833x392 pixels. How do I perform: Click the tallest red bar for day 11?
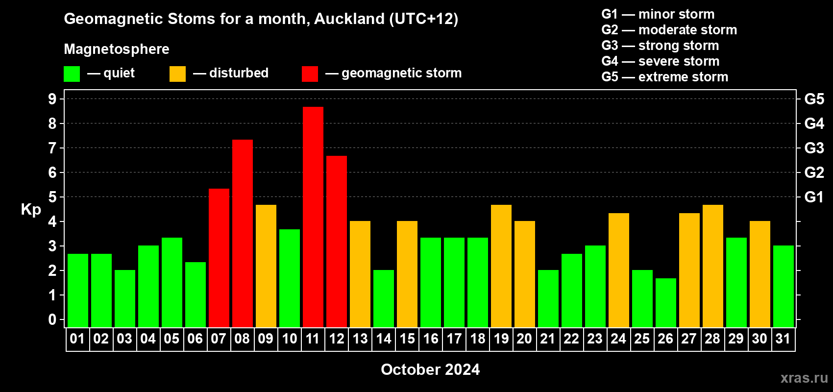click(x=313, y=217)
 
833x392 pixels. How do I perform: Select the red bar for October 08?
click(x=243, y=233)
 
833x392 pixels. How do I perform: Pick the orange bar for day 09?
click(x=266, y=266)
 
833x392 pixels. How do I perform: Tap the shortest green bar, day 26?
click(x=665, y=303)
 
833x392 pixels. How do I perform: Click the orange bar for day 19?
click(x=501, y=266)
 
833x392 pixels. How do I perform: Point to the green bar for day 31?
click(x=783, y=286)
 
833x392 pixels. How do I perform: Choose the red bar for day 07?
click(x=219, y=258)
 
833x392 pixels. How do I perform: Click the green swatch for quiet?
click(x=72, y=73)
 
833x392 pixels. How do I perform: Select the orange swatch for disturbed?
click(x=177, y=73)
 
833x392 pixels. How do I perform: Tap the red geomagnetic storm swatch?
click(x=310, y=73)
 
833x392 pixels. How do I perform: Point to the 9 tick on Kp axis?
click(x=52, y=99)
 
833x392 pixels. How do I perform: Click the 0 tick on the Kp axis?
click(x=52, y=319)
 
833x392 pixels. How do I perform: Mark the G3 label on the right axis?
click(x=814, y=148)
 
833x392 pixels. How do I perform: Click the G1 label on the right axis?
click(x=814, y=197)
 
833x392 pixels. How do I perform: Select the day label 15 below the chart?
click(x=407, y=339)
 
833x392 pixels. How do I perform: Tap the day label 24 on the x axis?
click(x=618, y=339)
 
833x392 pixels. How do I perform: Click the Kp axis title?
click(x=31, y=209)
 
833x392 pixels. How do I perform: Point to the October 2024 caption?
click(x=430, y=369)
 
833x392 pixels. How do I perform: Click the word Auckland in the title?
click(x=349, y=19)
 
